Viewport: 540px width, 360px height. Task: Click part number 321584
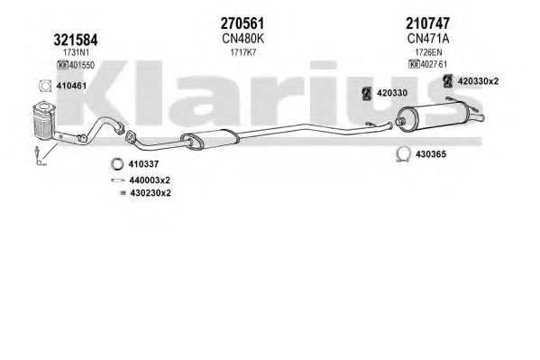pyautogui.click(x=76, y=40)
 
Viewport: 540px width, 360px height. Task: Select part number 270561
pyautogui.click(x=243, y=23)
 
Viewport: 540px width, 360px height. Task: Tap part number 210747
pyautogui.click(x=427, y=23)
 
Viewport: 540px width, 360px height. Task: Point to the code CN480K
pyautogui.click(x=243, y=39)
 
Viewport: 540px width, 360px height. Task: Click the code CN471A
pyautogui.click(x=428, y=39)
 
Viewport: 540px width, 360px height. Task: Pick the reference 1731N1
pyautogui.click(x=76, y=52)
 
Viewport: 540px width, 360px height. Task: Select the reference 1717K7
pyautogui.click(x=243, y=52)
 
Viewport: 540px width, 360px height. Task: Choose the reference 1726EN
pyautogui.click(x=428, y=52)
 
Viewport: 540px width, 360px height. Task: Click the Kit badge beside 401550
pyautogui.click(x=63, y=65)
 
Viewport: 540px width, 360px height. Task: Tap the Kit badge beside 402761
pyautogui.click(x=414, y=64)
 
